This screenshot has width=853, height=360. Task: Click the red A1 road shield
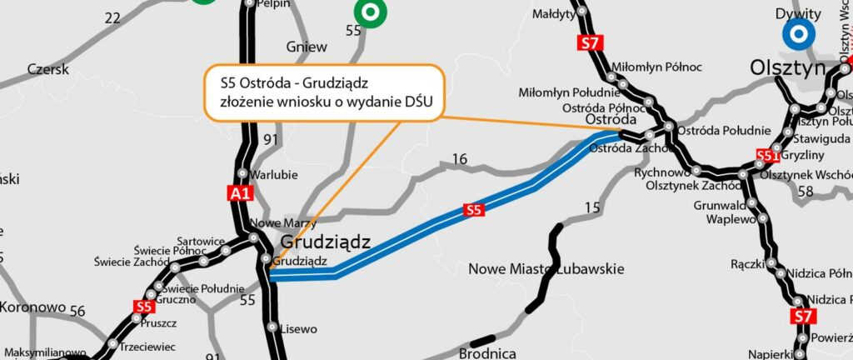coord(240,194)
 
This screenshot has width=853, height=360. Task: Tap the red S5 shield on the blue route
coord(474,210)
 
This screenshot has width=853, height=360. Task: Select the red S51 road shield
coord(768,155)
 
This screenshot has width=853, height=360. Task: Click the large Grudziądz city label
coord(326,242)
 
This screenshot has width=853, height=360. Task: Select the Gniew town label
coord(307,47)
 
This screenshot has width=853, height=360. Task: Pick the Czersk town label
coord(47,70)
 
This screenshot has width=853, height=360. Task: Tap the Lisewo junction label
coord(299,329)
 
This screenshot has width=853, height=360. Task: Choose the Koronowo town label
coord(32,307)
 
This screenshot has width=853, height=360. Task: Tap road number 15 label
coord(592,207)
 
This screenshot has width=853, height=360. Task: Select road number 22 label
coord(112,17)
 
